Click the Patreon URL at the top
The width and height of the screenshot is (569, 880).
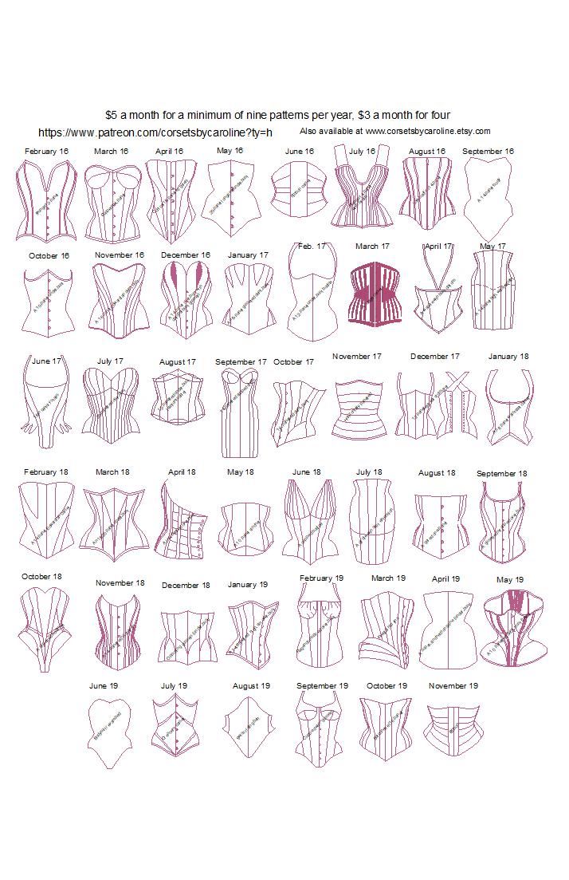(x=155, y=132)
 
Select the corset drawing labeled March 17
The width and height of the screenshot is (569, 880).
(x=372, y=294)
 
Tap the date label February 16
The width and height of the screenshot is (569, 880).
(x=46, y=151)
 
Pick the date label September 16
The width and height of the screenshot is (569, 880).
(x=488, y=151)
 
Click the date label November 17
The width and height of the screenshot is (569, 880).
(x=357, y=357)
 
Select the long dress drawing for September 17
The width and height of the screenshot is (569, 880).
(x=239, y=420)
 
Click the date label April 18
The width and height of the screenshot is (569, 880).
(x=182, y=472)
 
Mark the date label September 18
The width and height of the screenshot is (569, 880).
(x=501, y=474)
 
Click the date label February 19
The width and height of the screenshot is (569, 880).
(x=321, y=578)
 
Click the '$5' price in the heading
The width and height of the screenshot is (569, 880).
(x=112, y=115)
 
